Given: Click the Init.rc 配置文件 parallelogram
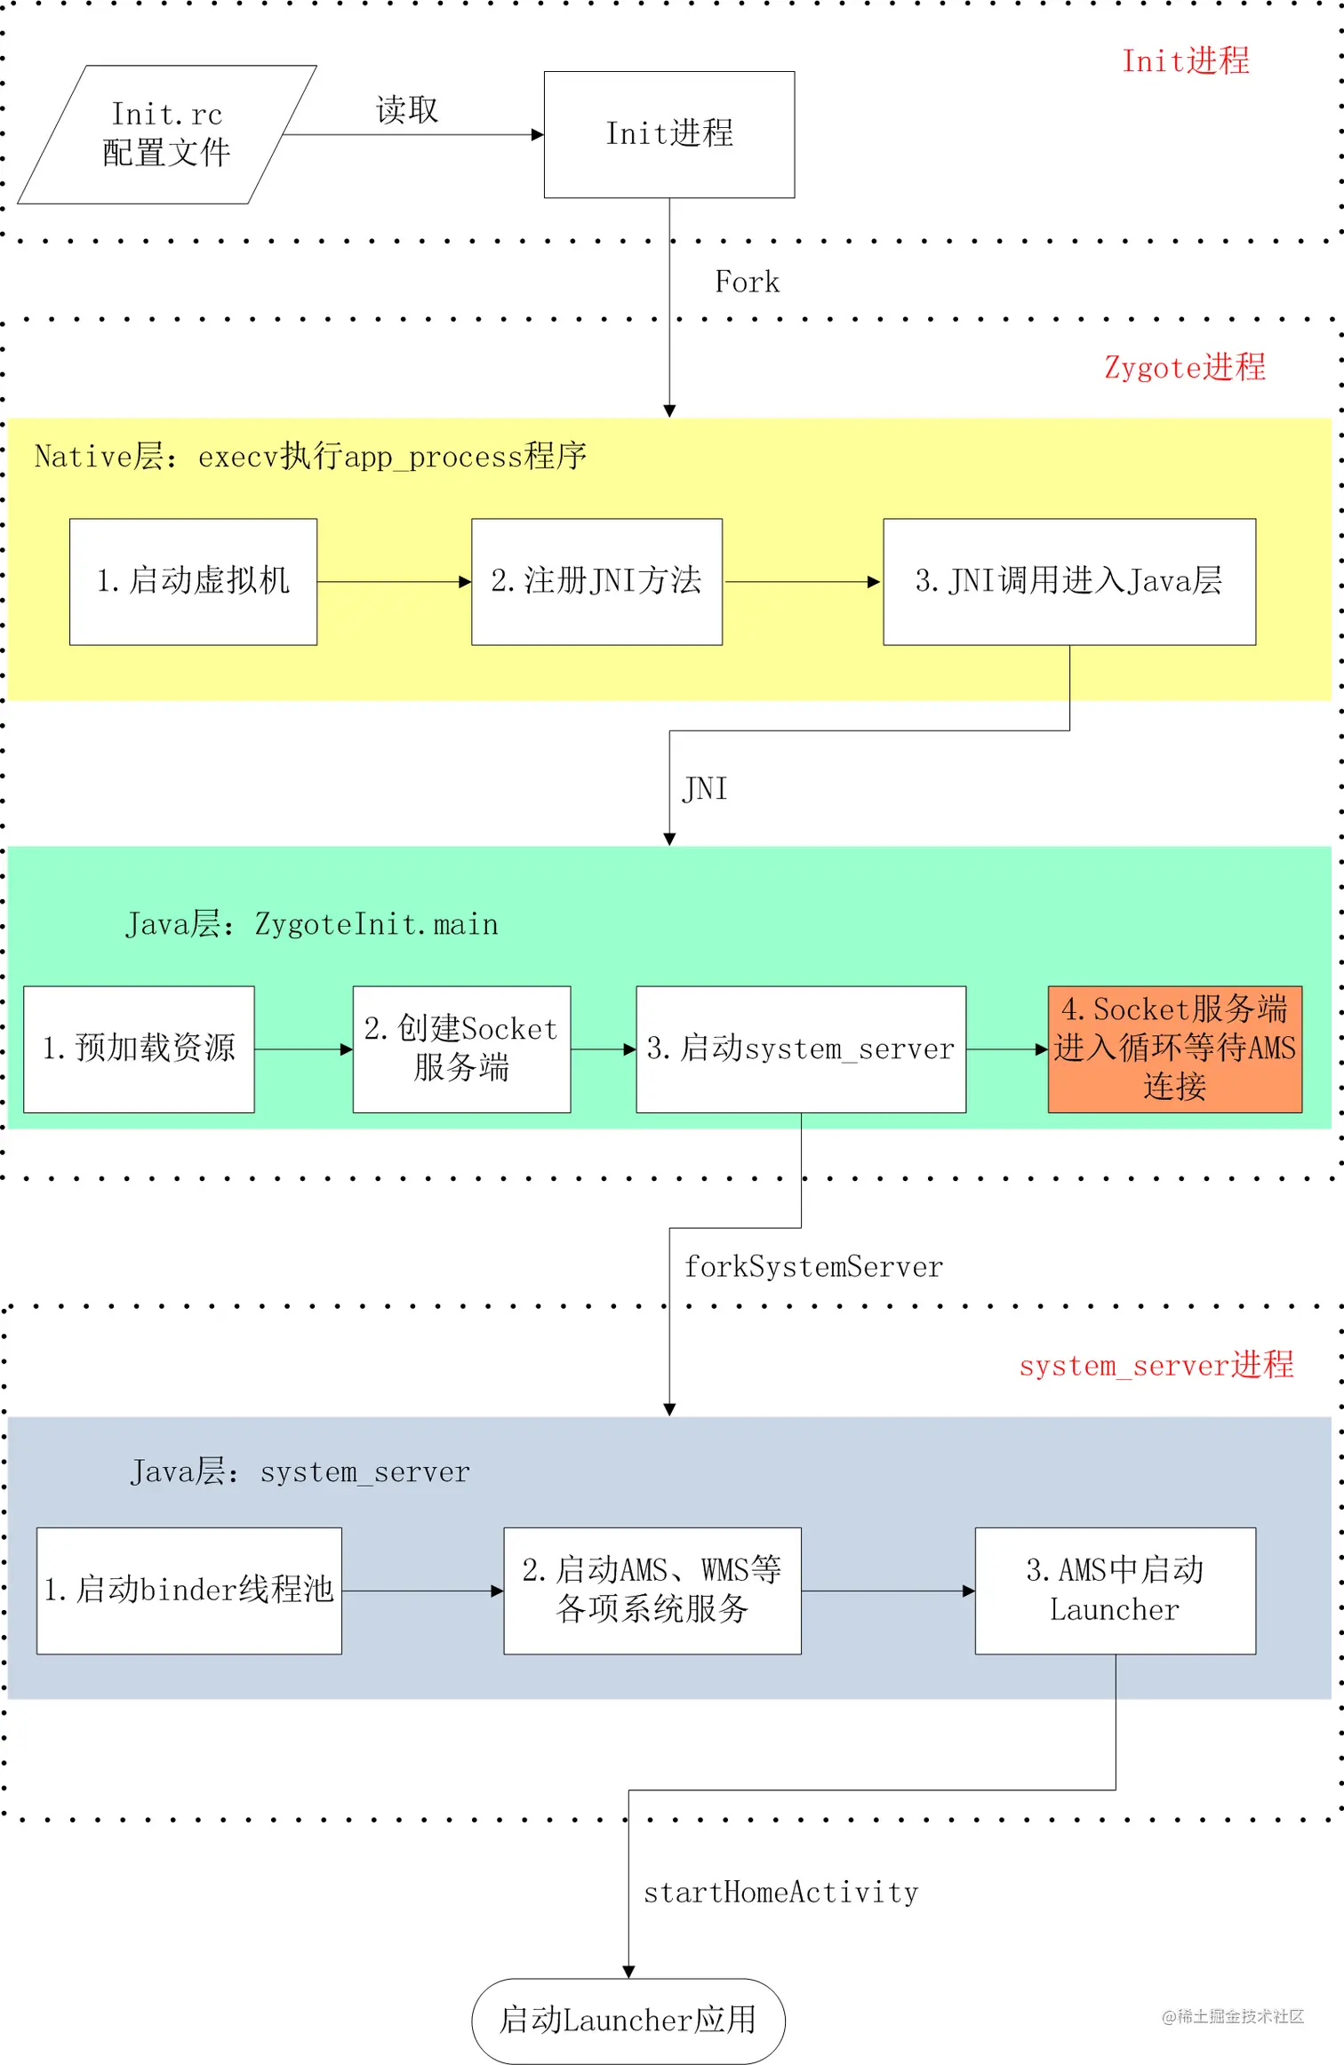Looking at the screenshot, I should [x=166, y=134].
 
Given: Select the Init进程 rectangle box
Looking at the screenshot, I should [x=668, y=134].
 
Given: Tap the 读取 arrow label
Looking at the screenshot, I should [x=407, y=110].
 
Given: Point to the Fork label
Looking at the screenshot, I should [x=747, y=283].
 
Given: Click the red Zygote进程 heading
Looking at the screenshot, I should [x=1184, y=368].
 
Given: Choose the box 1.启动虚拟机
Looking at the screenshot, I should [x=193, y=581].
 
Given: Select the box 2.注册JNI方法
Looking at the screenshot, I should [x=596, y=581].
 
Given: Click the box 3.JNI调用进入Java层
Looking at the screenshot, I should [x=1068, y=581].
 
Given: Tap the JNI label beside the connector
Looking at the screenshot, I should [x=705, y=789].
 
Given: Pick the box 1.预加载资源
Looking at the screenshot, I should [x=139, y=1048].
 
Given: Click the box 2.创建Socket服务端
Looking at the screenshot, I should [x=461, y=1048].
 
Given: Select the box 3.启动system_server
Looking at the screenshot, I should [x=800, y=1048].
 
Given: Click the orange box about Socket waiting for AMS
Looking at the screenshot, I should [x=1174, y=1048].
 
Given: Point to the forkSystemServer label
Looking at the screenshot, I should [x=813, y=1267].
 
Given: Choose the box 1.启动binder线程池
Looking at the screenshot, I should [x=188, y=1591].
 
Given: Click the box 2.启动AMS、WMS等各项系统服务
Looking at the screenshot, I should [x=652, y=1591].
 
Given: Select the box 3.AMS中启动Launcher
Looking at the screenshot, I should [x=1115, y=1591].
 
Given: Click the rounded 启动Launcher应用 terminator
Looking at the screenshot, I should [x=628, y=2021].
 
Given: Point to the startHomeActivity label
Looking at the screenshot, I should [x=780, y=1893].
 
